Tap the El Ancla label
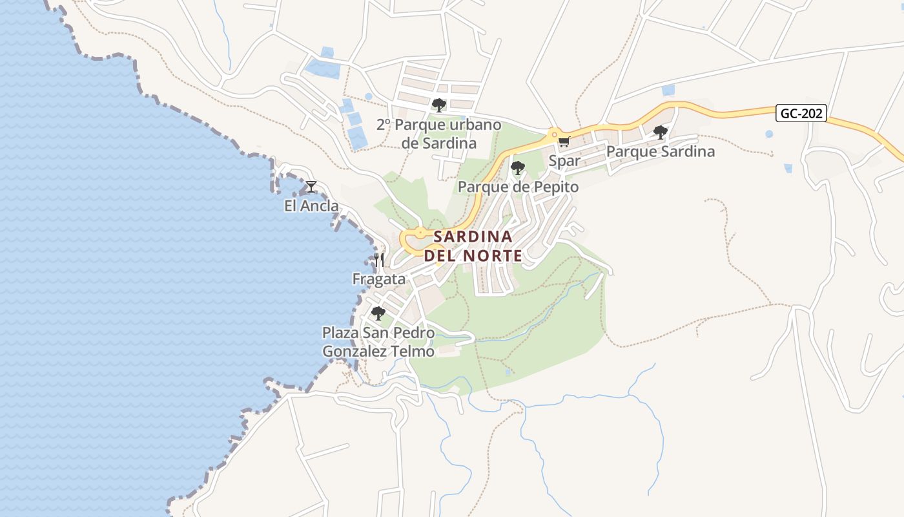(x=311, y=206)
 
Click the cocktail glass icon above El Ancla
(x=311, y=187)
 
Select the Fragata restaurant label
(x=379, y=279)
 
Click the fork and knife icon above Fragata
(x=379, y=260)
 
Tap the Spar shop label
(x=564, y=160)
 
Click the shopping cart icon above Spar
(x=564, y=142)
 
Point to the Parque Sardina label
(x=660, y=152)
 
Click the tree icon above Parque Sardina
(x=660, y=132)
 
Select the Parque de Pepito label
(x=518, y=187)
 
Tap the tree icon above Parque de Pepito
(x=518, y=168)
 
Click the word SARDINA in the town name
(x=473, y=237)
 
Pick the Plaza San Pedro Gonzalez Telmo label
(x=378, y=343)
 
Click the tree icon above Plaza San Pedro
(x=378, y=313)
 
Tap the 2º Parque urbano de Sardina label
(x=439, y=134)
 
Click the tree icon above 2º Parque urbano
(x=439, y=105)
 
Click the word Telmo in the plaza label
(x=413, y=352)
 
